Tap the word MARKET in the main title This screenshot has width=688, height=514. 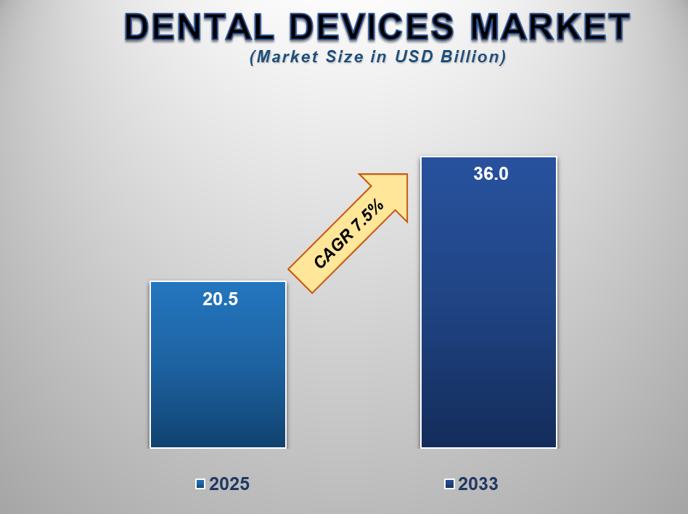(x=551, y=28)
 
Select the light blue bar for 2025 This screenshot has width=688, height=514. (x=218, y=377)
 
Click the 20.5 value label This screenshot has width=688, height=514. (x=220, y=299)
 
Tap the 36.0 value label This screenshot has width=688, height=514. (x=491, y=174)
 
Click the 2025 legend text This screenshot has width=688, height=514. (x=229, y=484)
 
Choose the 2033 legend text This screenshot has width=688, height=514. (x=478, y=484)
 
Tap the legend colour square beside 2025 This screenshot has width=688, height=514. (x=200, y=484)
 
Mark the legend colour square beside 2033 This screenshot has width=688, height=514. (x=449, y=484)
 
